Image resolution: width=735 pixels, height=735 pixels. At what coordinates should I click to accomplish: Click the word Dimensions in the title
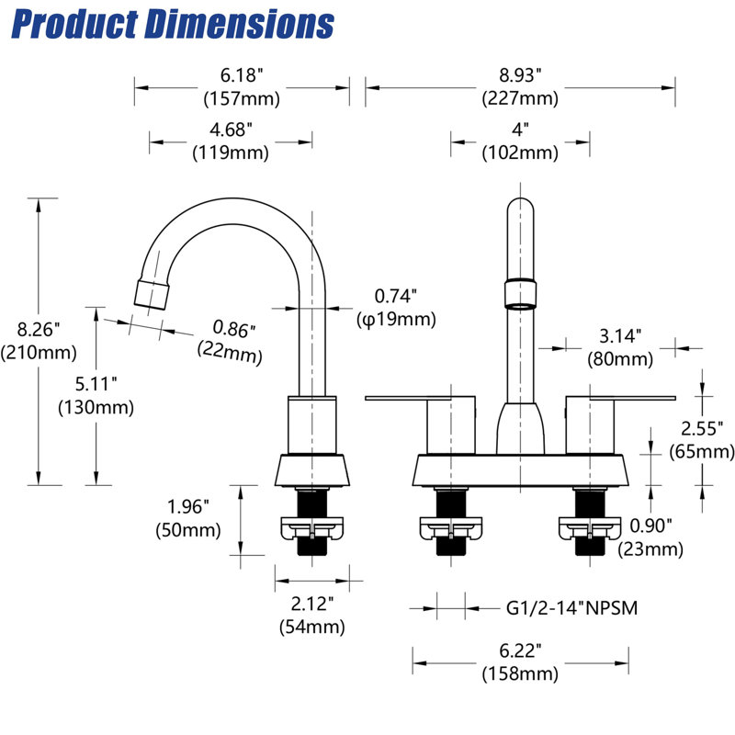pos(240,24)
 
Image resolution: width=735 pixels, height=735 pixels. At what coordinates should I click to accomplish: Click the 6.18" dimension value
pos(242,75)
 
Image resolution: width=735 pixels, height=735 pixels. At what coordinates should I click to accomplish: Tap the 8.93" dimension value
pos(520,75)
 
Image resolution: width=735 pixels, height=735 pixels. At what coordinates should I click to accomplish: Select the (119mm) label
pos(231,153)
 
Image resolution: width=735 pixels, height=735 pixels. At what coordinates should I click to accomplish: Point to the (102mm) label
pos(520,153)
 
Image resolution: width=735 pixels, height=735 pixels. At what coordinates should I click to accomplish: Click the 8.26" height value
pos(39,330)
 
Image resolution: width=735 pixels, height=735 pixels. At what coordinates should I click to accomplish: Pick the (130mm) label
pos(96,407)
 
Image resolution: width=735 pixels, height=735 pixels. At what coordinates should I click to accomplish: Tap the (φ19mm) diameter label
pos(396,319)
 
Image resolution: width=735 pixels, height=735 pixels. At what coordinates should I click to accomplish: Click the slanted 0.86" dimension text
pos(233,329)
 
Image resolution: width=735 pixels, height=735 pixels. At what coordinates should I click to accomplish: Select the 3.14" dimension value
pos(620,336)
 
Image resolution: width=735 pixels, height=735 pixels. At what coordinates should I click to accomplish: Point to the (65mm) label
pos(702,451)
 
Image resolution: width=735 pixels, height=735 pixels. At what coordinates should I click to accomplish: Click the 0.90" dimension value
pos(650,526)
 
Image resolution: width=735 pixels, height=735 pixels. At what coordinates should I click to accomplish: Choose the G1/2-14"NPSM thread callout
pos(571,608)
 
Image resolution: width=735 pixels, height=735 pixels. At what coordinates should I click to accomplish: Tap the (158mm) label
pos(520,673)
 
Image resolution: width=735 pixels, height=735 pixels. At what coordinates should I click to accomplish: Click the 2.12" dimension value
pos(312,604)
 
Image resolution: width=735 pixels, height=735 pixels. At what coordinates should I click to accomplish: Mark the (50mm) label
pos(188,530)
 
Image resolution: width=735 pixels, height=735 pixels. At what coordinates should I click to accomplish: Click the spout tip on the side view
pos(151,295)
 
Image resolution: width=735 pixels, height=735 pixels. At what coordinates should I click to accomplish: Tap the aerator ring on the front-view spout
pos(520,293)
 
